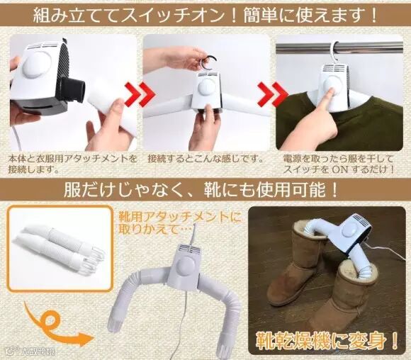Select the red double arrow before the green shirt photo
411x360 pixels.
[273, 95]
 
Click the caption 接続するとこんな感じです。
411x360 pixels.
[205, 159]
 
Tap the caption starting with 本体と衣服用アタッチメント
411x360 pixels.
[72, 164]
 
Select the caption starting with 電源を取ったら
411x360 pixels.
[339, 164]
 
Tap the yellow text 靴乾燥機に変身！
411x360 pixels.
[327, 340]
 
